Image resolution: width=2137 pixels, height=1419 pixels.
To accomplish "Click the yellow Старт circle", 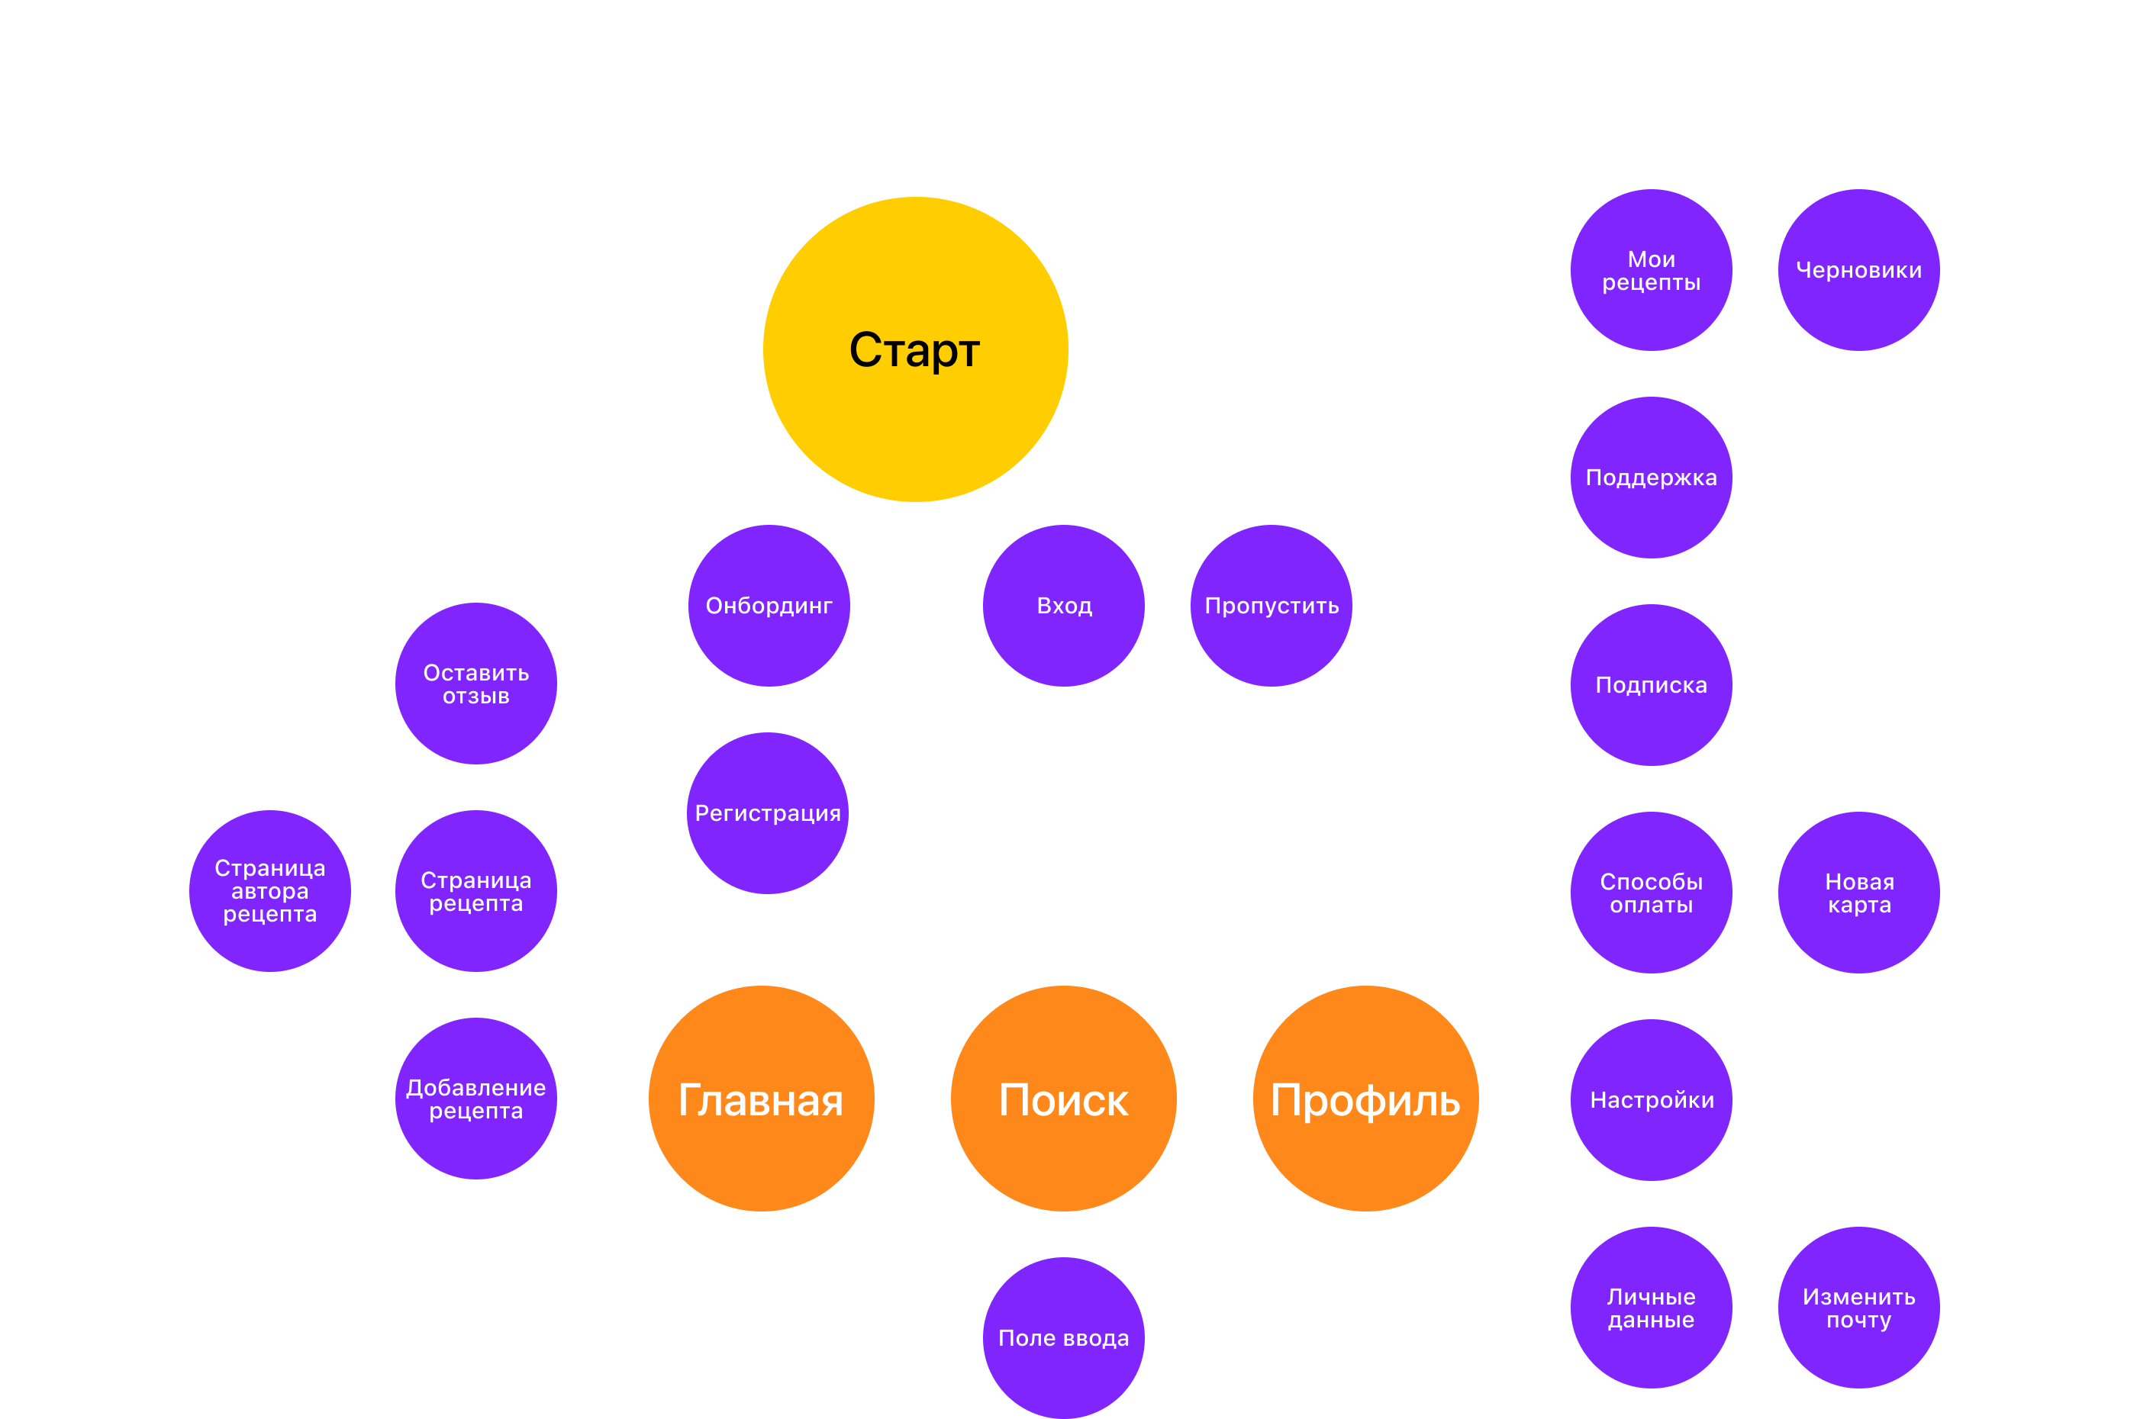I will click(x=915, y=349).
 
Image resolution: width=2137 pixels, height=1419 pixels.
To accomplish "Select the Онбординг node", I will click(x=769, y=606).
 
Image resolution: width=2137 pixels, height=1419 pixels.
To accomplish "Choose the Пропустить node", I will click(x=1271, y=606).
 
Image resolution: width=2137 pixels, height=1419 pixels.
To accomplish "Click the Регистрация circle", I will click(x=768, y=812).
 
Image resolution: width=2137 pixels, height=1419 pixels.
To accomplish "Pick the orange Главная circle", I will click(x=761, y=1099).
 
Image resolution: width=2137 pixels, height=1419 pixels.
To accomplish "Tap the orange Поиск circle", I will click(x=1063, y=1099).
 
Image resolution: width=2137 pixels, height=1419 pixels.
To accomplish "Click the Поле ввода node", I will click(x=1063, y=1337).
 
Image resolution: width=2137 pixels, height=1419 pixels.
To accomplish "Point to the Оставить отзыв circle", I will click(x=476, y=684).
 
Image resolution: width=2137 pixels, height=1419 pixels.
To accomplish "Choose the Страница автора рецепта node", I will click(x=269, y=890).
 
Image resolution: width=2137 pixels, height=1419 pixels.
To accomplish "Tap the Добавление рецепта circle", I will click(x=476, y=1098).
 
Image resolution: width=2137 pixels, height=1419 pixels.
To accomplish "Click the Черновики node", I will click(x=1858, y=269).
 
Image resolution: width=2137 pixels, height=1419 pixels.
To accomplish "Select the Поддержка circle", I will click(x=1651, y=477).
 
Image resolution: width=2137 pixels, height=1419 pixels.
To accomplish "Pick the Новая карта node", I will click(x=1858, y=893).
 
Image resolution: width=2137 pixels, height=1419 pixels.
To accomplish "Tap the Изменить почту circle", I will click(x=1858, y=1307).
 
